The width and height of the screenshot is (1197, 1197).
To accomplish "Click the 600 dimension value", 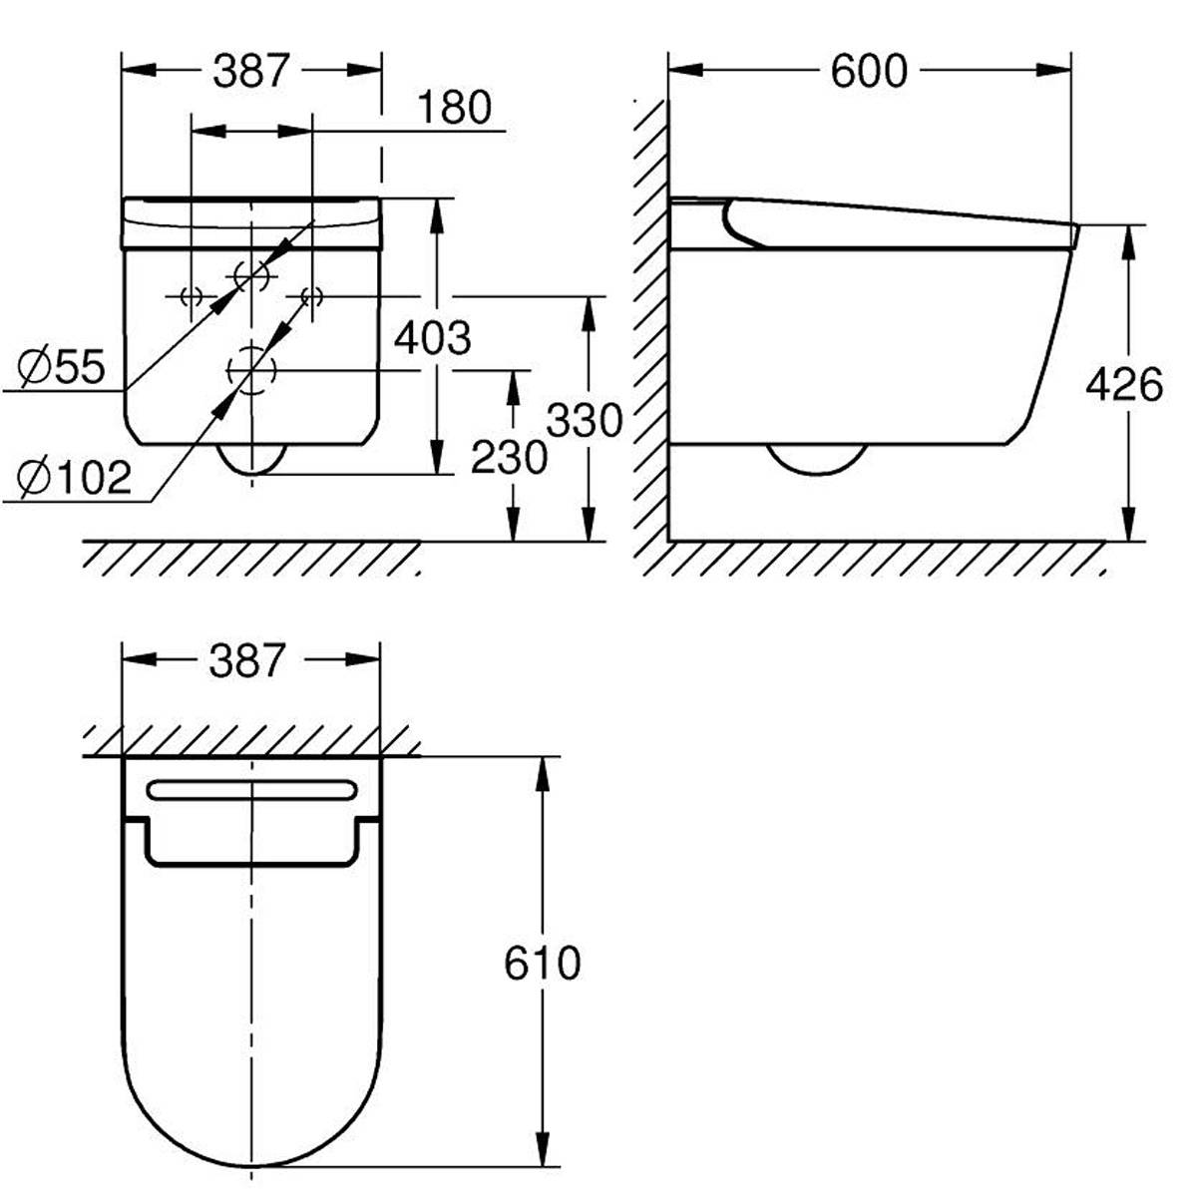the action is tap(869, 71).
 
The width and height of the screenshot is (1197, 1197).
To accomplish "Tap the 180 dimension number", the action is tap(455, 108).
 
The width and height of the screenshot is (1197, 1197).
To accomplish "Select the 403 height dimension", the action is tap(432, 338).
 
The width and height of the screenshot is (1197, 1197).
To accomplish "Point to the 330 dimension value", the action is tap(584, 420).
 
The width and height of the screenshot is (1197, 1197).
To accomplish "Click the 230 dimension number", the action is tap(510, 458).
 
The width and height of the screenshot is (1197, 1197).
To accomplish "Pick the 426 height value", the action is tap(1124, 385).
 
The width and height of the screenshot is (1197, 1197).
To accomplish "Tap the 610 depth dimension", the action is tap(543, 964).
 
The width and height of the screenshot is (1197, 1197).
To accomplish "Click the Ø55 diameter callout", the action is tap(61, 367).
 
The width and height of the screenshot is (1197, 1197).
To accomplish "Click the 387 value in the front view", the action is tap(251, 71).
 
